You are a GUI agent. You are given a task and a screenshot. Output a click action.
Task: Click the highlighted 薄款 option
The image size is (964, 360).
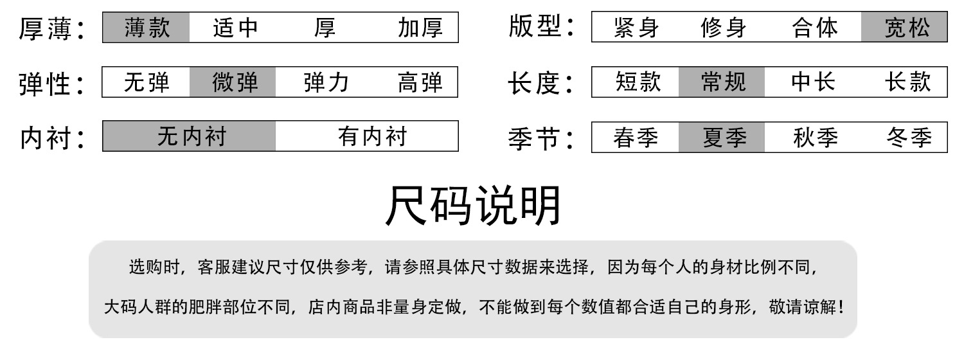point(147,28)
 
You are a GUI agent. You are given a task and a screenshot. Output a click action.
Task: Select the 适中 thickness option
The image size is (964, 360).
point(235,28)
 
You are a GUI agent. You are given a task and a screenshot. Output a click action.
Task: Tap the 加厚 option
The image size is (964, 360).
point(420,28)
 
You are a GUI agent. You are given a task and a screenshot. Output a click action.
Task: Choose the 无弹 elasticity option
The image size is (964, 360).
point(147,82)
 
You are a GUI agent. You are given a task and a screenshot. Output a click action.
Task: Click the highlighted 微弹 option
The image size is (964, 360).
point(233,82)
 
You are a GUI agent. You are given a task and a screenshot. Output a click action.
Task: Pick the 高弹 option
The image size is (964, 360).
point(420,82)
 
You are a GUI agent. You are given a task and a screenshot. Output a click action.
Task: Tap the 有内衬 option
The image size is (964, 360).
point(372,136)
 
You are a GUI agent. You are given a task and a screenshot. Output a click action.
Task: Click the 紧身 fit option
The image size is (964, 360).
point(636,28)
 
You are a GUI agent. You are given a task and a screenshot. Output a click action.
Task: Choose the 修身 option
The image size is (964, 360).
point(724,28)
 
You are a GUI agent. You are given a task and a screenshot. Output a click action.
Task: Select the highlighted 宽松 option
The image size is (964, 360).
point(906,28)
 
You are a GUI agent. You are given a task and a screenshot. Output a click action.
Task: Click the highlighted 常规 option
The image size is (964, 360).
point(723,82)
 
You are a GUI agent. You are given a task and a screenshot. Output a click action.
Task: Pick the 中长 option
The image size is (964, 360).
point(813,82)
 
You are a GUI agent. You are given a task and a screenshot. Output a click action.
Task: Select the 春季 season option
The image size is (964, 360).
point(636,138)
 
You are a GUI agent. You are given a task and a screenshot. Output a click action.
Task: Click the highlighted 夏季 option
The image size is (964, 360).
point(723,138)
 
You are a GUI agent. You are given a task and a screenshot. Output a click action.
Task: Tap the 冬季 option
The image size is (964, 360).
point(908,138)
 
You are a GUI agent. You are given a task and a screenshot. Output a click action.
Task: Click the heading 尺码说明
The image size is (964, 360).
point(474,206)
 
